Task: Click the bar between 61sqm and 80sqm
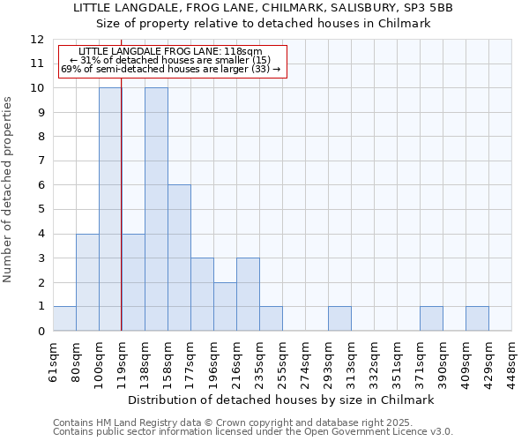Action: tap(64, 318)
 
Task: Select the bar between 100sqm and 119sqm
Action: tap(110, 209)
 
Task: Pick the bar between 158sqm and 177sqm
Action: tap(179, 258)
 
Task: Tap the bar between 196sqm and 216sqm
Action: tap(225, 306)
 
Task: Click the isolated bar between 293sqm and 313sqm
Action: tap(339, 318)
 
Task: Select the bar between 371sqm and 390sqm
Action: tap(431, 318)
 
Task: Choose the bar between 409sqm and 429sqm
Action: tap(477, 318)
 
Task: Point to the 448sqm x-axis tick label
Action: tap(512, 362)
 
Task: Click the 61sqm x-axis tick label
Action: tap(54, 362)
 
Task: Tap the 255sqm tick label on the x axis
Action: tap(283, 362)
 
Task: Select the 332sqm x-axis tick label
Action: tap(375, 362)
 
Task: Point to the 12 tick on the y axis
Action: tap(37, 40)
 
